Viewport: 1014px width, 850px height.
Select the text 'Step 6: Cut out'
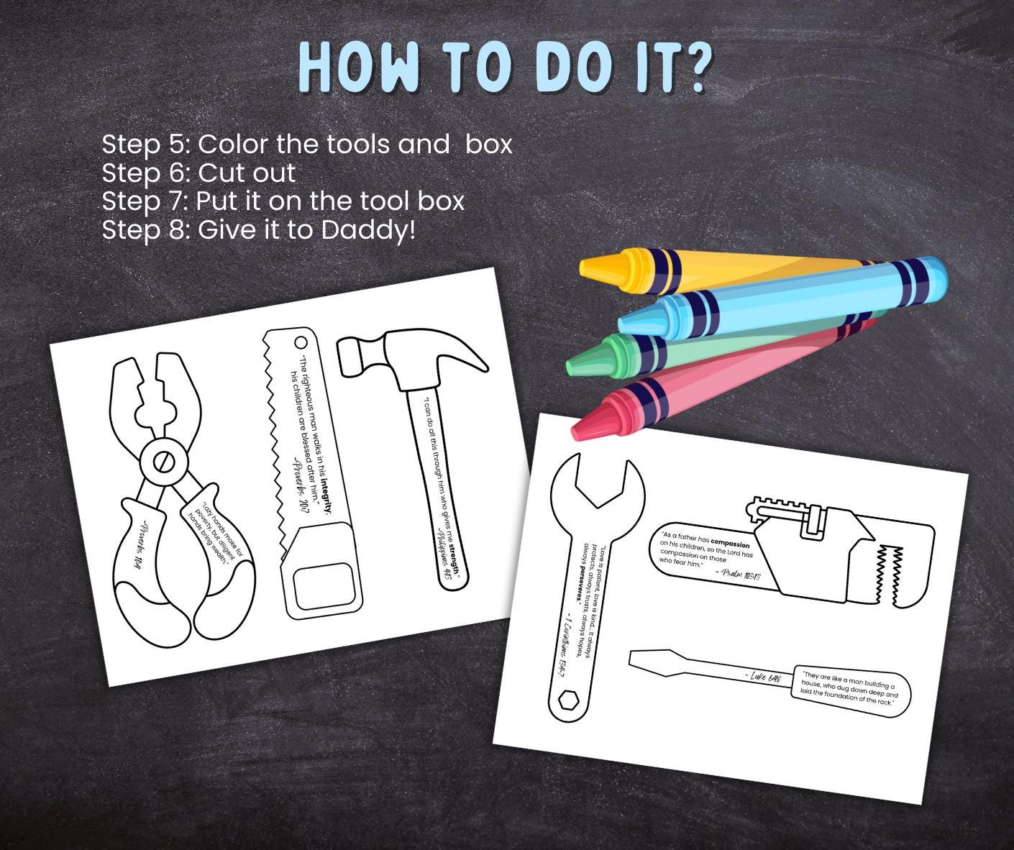[x=198, y=173]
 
